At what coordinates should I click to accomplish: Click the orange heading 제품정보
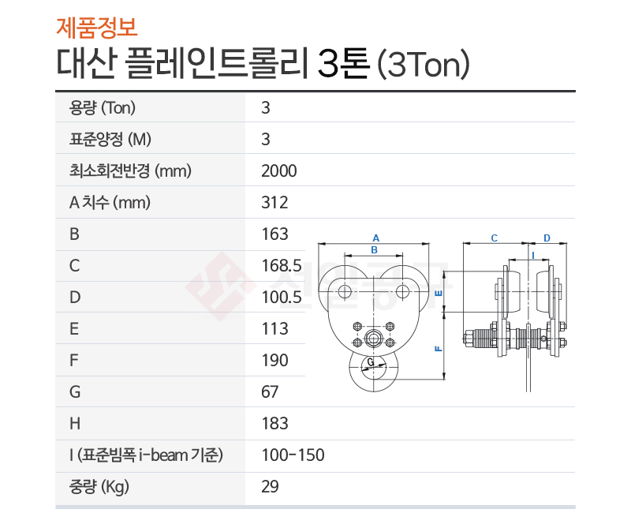click(x=96, y=28)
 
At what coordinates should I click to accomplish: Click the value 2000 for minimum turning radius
click(x=279, y=171)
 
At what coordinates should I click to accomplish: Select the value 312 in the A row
click(x=274, y=203)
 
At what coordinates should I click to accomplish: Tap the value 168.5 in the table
click(x=282, y=266)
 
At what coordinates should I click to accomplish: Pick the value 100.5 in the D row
click(x=282, y=298)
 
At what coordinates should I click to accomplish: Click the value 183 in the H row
click(x=274, y=424)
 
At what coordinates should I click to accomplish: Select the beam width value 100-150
click(x=293, y=455)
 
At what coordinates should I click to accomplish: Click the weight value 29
click(x=270, y=486)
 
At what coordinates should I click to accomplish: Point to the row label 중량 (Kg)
click(x=99, y=487)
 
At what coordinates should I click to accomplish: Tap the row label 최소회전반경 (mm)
click(x=130, y=171)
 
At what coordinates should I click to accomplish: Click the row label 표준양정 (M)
click(x=110, y=140)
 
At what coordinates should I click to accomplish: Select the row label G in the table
click(x=75, y=391)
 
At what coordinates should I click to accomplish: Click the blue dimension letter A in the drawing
click(x=376, y=238)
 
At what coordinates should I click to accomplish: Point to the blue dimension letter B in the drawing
click(x=374, y=250)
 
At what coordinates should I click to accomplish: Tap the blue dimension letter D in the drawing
click(x=547, y=238)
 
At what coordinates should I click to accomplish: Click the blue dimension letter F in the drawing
click(x=439, y=349)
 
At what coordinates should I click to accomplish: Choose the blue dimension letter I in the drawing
click(x=533, y=256)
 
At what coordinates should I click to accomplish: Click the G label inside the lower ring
click(x=371, y=361)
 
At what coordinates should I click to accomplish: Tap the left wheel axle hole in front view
click(x=345, y=291)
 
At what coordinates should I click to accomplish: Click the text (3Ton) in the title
click(x=423, y=64)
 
